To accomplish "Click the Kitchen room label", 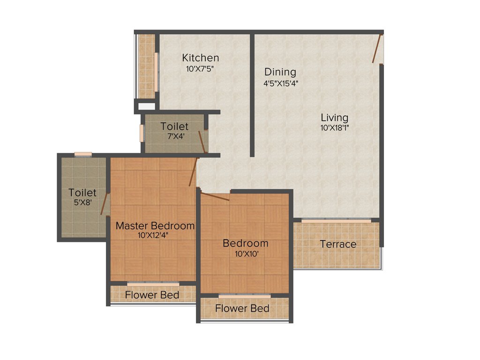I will [x=201, y=58].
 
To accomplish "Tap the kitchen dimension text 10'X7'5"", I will [x=201, y=68].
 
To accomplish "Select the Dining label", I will [x=280, y=72].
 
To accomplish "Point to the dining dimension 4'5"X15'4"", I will [x=280, y=83].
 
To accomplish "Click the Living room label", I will [x=334, y=117].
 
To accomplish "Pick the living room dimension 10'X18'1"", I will [x=334, y=127].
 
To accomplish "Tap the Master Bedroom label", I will [x=155, y=225].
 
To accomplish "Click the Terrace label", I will [x=338, y=244].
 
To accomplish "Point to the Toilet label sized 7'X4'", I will [x=174, y=127].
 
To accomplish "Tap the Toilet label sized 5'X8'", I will [x=82, y=193].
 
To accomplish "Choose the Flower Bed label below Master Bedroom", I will [x=152, y=295].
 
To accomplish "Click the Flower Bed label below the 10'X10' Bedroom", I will [x=242, y=308].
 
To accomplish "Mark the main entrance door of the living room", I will [x=376, y=48].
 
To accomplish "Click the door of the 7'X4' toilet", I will [x=202, y=142].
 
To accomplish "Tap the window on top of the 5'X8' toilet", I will [x=83, y=154].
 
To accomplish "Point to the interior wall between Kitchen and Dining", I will [x=252, y=94].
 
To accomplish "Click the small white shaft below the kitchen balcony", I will [x=146, y=106].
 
